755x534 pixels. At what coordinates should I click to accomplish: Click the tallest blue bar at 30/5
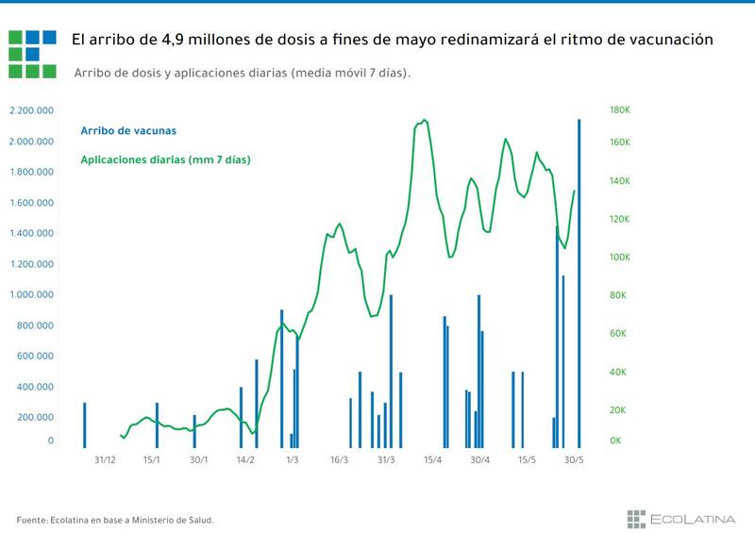[x=579, y=283]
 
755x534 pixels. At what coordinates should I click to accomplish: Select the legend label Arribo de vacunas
[x=128, y=130]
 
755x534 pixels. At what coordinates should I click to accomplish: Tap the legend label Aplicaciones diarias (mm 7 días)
[x=165, y=160]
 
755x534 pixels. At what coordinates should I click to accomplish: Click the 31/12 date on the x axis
[x=106, y=460]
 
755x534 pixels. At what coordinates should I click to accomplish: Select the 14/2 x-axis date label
[x=245, y=460]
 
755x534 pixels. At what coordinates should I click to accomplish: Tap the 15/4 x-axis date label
[x=433, y=460]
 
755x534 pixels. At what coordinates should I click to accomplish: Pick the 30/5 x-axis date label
[x=573, y=460]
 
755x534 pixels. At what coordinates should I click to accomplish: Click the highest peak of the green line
[x=425, y=120]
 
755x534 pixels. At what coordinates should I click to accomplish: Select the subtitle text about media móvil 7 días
[x=243, y=73]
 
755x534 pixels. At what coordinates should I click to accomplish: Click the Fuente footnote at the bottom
[x=115, y=519]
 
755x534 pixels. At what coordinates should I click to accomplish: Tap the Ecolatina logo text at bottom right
[x=694, y=517]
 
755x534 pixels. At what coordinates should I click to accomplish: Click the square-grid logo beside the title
[x=32, y=52]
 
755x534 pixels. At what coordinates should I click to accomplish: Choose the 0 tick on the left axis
[x=51, y=441]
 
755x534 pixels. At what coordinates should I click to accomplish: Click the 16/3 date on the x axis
[x=339, y=460]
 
